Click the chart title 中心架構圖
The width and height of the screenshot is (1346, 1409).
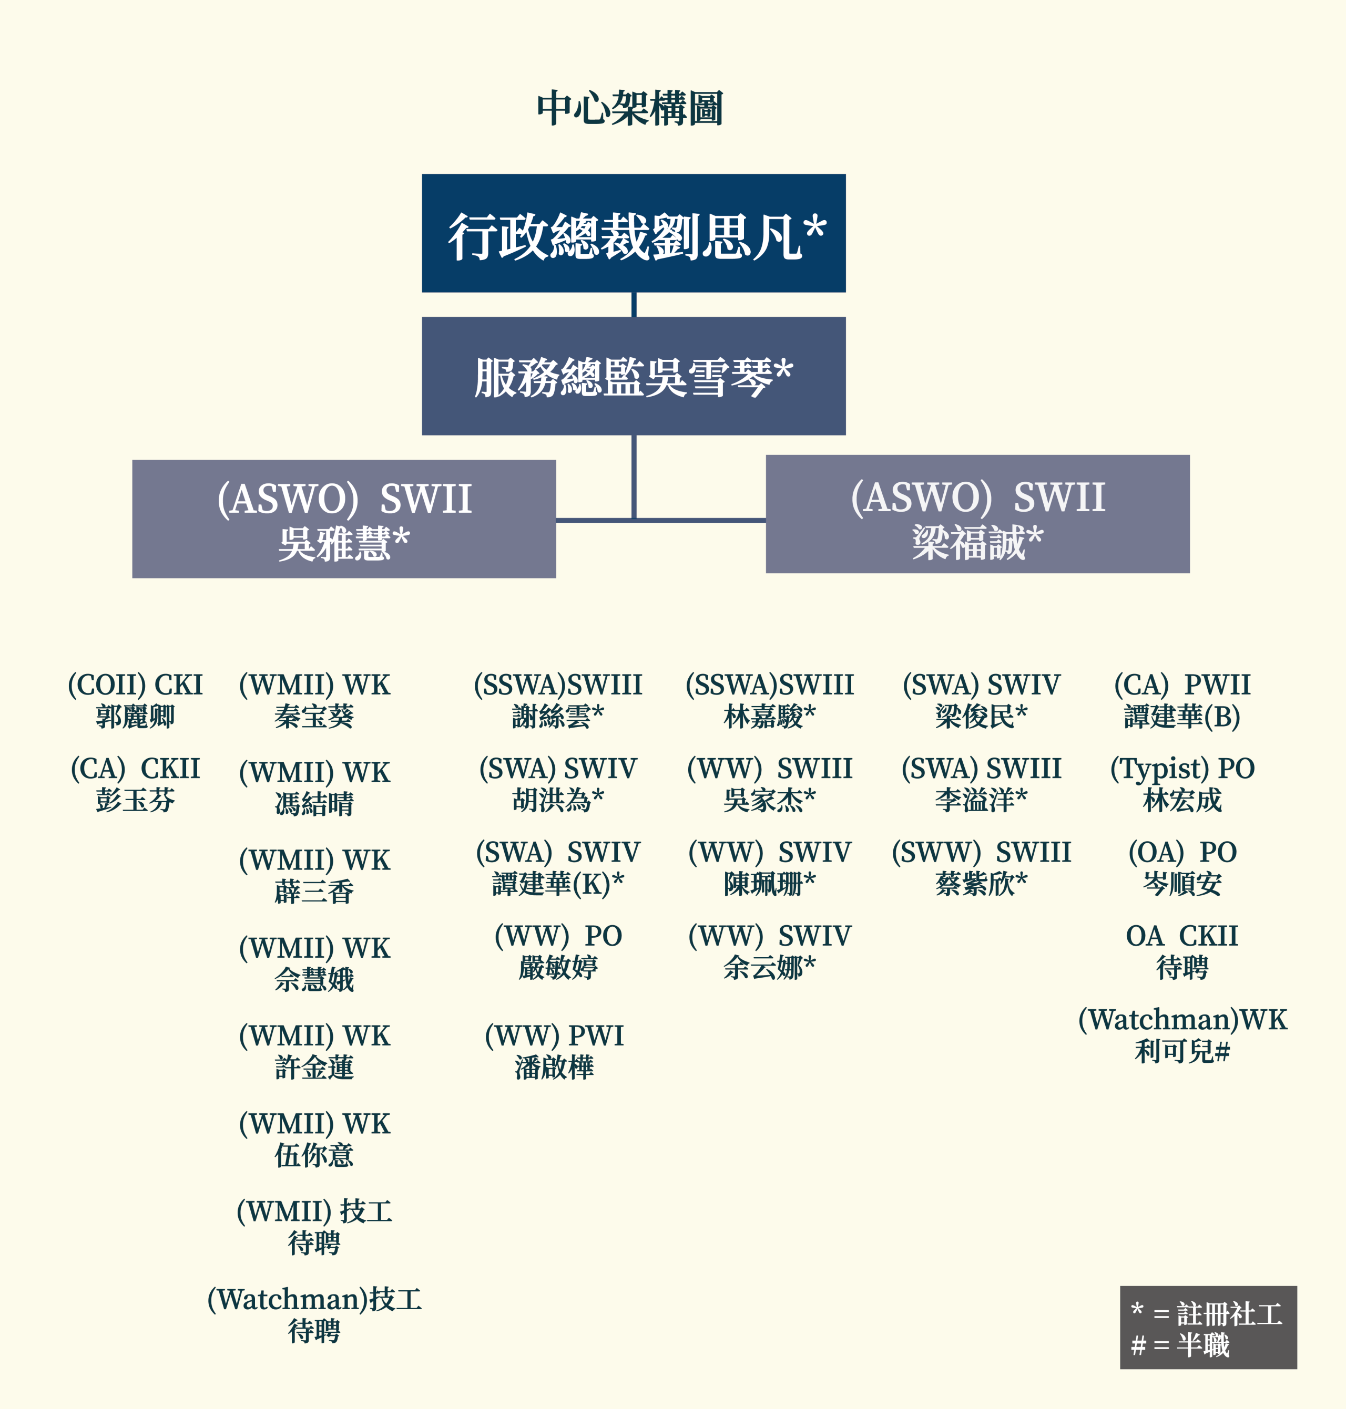pos(629,109)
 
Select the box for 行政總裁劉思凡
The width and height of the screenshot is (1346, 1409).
pos(634,233)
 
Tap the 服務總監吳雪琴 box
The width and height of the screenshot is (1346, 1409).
pos(634,376)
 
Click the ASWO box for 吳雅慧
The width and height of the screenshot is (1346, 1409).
pos(344,519)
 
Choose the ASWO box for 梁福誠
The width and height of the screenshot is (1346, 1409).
pos(977,513)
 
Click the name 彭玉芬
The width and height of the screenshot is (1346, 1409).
pos(135,800)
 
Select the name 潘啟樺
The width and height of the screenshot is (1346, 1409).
pos(554,1068)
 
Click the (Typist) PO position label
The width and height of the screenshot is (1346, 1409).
pos(1182,769)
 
